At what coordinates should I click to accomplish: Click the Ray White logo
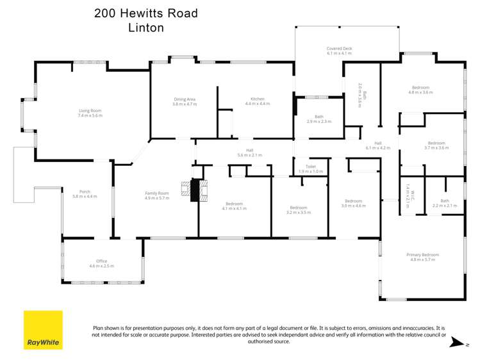pos(43,330)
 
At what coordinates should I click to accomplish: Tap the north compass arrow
pos(456,341)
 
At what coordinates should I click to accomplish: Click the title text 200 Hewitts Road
pos(146,13)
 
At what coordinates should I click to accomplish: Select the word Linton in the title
pos(146,28)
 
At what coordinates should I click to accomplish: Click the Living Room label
pos(90,113)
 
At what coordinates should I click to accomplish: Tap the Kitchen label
pos(257,101)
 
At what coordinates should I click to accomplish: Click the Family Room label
pos(156,195)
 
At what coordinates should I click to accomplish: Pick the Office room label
pos(101,263)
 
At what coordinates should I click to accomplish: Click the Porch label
pos(85,193)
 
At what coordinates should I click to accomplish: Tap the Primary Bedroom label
pos(422,257)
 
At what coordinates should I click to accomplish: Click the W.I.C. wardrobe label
pos(408,192)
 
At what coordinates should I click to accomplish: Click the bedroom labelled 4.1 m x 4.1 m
pos(233,206)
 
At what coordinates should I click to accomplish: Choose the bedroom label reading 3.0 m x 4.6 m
pos(353,203)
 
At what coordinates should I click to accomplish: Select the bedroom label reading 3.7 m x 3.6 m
pos(436,145)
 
